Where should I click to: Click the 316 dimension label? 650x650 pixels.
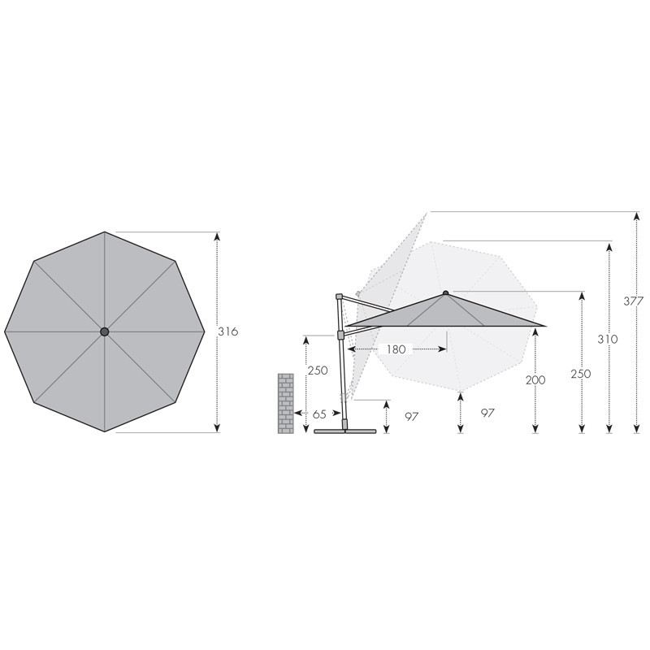tap(228, 331)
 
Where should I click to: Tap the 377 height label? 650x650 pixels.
tap(634, 301)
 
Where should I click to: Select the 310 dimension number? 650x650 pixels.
tap(608, 339)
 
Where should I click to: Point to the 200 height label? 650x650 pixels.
tap(535, 379)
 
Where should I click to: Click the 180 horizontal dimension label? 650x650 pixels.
tap(396, 349)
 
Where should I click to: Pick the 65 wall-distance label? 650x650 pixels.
tap(319, 414)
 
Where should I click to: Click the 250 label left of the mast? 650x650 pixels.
tap(318, 370)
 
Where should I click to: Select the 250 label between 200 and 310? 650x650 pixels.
tap(581, 374)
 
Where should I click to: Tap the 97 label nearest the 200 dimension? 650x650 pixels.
tap(487, 413)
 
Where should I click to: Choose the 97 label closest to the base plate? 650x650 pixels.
tap(412, 416)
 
